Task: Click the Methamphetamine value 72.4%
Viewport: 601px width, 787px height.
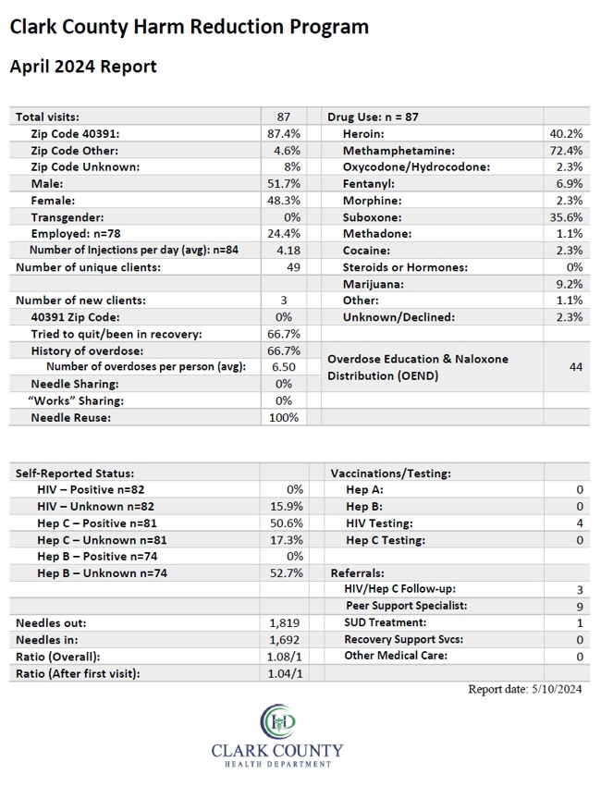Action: (x=569, y=151)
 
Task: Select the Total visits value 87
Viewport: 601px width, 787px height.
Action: (x=284, y=117)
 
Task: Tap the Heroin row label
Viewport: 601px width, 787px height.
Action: (x=363, y=134)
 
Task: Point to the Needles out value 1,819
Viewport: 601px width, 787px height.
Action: (x=285, y=623)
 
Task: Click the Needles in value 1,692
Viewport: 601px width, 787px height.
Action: (x=285, y=640)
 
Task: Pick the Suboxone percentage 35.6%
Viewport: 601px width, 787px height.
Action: (x=569, y=217)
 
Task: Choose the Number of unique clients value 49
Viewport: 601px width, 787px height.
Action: (x=293, y=267)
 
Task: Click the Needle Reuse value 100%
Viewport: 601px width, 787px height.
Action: (x=284, y=418)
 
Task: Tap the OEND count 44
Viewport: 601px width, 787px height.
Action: (x=576, y=367)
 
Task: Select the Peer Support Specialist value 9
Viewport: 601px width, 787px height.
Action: (x=580, y=607)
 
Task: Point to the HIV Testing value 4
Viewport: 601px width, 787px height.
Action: (x=580, y=523)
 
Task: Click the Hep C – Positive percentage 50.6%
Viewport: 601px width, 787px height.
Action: (x=287, y=523)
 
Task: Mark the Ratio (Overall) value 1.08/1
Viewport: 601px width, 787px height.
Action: (x=285, y=657)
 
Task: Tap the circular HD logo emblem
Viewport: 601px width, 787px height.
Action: (x=278, y=721)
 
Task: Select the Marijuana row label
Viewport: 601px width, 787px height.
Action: (x=374, y=284)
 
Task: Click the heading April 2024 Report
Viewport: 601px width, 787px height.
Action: (x=83, y=67)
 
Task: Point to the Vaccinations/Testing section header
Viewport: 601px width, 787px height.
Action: (x=391, y=473)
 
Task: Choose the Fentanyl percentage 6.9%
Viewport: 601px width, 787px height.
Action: (x=570, y=184)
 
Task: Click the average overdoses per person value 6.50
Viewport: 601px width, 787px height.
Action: (x=284, y=367)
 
